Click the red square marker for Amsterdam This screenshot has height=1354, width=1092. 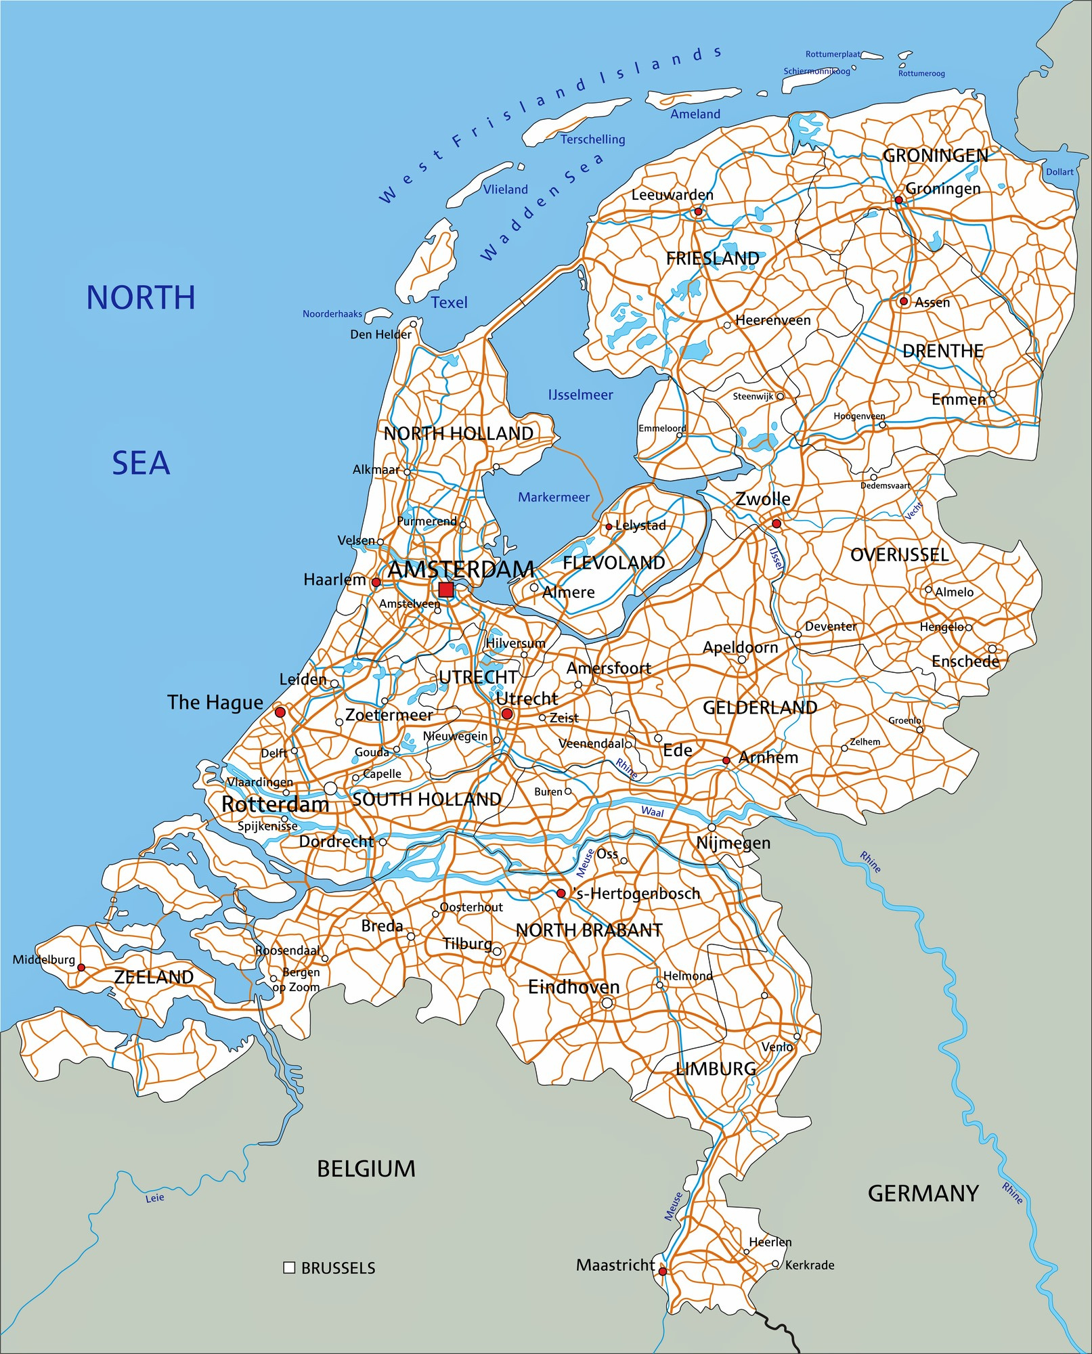[445, 590]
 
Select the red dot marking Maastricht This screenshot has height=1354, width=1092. [663, 1271]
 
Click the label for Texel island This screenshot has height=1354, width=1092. [449, 303]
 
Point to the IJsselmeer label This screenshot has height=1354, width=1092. [580, 395]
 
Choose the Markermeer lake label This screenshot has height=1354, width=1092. [554, 498]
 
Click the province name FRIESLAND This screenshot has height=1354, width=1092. [712, 259]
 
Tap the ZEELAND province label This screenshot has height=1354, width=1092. [154, 977]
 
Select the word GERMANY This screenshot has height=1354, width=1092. [923, 1193]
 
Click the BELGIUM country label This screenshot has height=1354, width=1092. [366, 1169]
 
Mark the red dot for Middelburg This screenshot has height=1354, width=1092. [81, 967]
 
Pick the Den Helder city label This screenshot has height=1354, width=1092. [380, 334]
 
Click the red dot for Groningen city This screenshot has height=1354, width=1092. [898, 200]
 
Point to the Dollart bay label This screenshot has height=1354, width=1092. [1060, 172]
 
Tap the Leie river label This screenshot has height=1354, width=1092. [155, 1198]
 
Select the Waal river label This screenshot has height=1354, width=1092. [652, 812]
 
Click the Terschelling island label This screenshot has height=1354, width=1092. [592, 139]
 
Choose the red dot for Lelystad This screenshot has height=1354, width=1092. [609, 526]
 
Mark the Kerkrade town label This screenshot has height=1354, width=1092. [809, 1265]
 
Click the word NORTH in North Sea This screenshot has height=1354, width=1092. [141, 298]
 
